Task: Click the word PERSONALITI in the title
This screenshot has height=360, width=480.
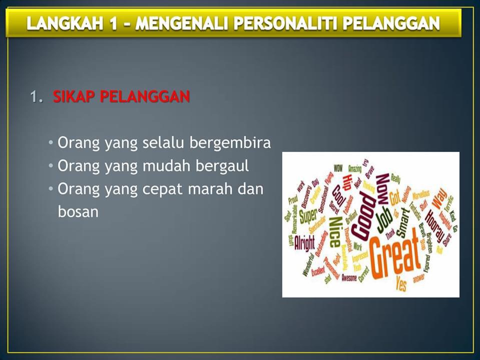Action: (284, 23)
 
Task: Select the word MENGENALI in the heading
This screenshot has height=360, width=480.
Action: (182, 23)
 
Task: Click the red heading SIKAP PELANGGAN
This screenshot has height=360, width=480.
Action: (122, 97)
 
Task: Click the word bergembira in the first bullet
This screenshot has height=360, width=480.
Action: (230, 143)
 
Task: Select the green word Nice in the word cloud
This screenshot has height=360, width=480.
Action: (335, 231)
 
